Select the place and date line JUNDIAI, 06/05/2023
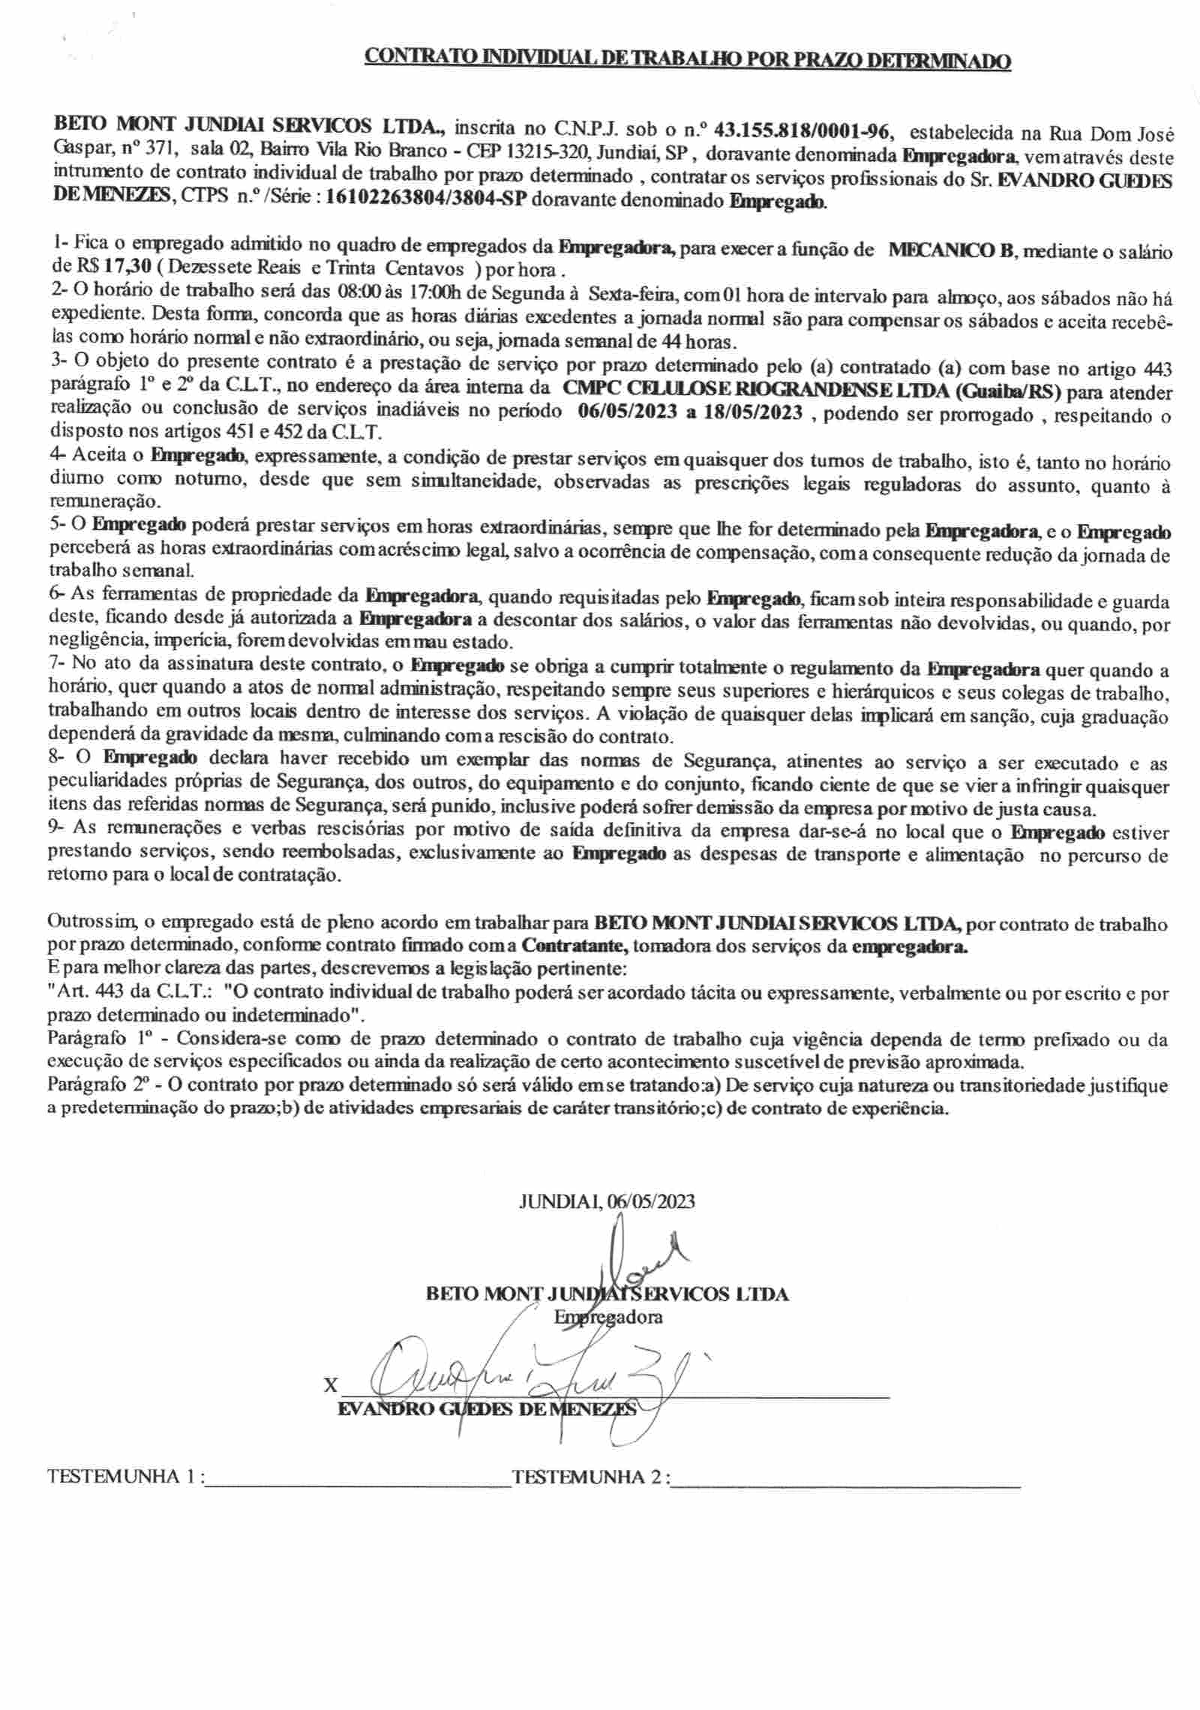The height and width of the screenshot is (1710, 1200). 607,1201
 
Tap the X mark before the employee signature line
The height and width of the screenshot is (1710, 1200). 330,1385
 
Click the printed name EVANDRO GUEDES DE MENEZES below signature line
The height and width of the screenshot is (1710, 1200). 487,1408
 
